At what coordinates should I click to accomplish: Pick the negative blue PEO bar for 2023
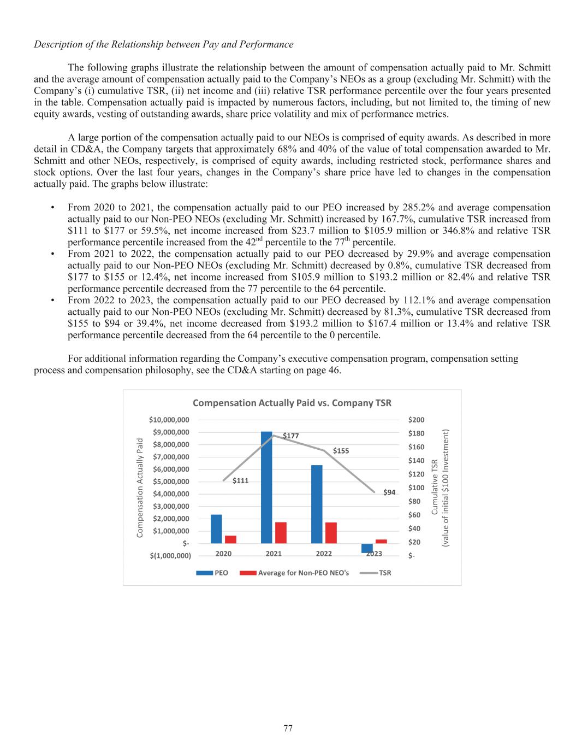coord(367,548)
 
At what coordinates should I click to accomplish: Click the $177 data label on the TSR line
coord(290,436)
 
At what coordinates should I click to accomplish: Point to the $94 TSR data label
coord(389,492)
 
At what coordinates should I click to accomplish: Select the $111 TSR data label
coord(241,481)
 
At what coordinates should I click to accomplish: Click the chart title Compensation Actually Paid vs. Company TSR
coord(292,403)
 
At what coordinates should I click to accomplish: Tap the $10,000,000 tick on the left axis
coord(169,420)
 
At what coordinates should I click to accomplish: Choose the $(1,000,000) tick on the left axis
coord(170,556)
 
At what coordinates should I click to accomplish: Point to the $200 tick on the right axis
coord(416,420)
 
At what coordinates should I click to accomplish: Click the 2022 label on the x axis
coord(324,554)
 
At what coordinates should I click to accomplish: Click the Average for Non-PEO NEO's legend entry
coord(303,573)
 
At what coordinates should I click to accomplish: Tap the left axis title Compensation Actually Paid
coord(140,487)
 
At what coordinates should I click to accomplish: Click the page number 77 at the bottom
coord(288,728)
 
